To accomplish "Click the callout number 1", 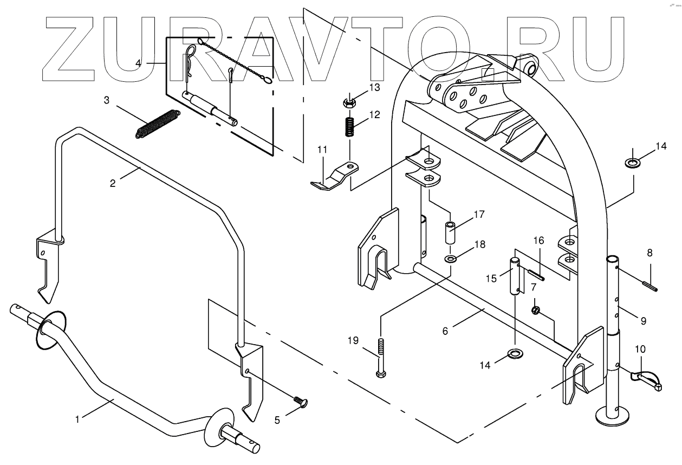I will point(77,418).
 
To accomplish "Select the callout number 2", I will point(113,183).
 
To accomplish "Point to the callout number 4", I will point(139,63).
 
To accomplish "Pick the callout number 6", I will point(445,330).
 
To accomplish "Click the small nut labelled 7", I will point(536,310).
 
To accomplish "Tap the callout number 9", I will point(643,321).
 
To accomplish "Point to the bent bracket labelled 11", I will point(333,177).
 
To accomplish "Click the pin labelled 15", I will point(517,276).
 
